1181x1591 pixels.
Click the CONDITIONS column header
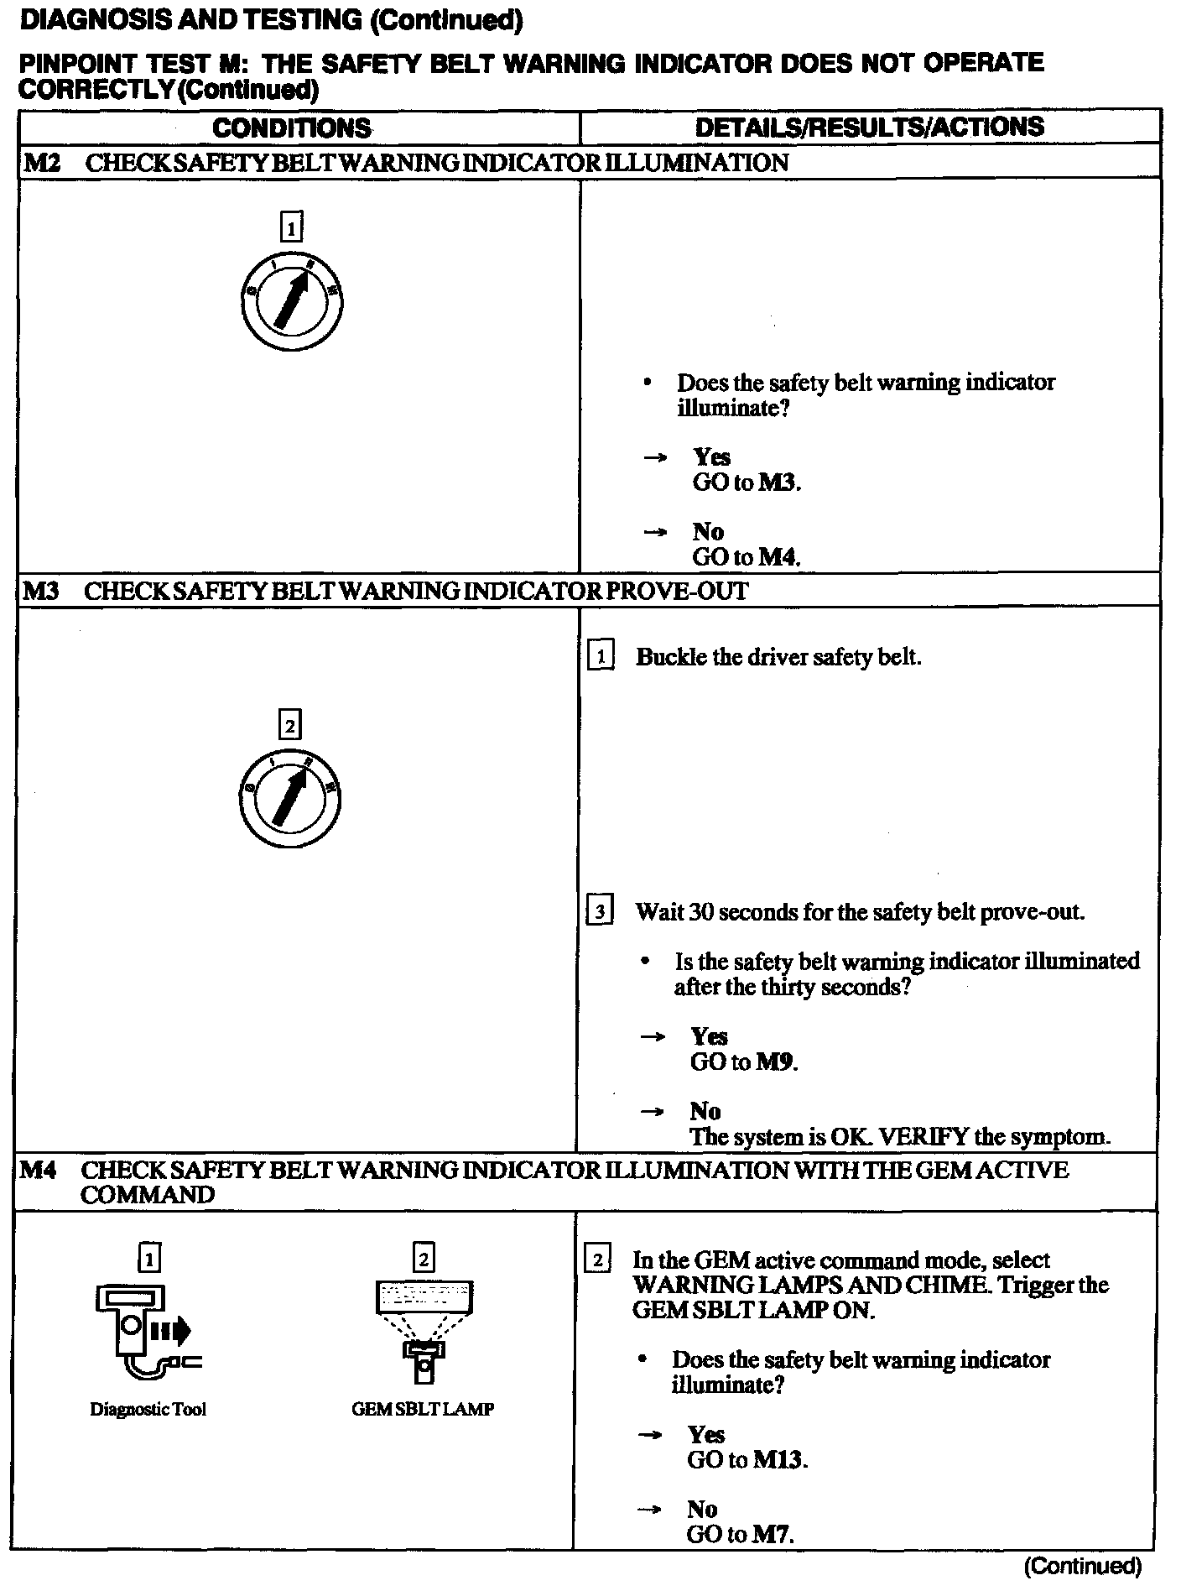pyautogui.click(x=291, y=128)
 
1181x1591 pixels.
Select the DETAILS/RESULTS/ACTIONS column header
pyautogui.click(x=870, y=127)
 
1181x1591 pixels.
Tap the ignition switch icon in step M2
pyautogui.click(x=290, y=300)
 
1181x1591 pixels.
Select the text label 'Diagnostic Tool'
pyautogui.click(x=148, y=1410)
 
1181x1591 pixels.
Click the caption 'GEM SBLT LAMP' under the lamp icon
pyautogui.click(x=423, y=1410)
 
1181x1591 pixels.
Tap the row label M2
pyautogui.click(x=41, y=163)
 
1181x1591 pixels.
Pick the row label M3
pyautogui.click(x=40, y=591)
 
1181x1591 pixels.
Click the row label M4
pyautogui.click(x=39, y=1170)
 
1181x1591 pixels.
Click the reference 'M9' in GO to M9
pyautogui.click(x=776, y=1062)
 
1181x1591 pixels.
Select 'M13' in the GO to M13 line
pyautogui.click(x=779, y=1460)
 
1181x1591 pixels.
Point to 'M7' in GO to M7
pyautogui.click(x=772, y=1535)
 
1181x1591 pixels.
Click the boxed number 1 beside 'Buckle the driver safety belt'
pyautogui.click(x=601, y=656)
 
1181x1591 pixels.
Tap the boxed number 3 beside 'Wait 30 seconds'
pyautogui.click(x=599, y=911)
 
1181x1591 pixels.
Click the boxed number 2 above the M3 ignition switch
pyautogui.click(x=289, y=725)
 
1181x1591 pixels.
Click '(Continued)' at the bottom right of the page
pyautogui.click(x=1083, y=1566)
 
